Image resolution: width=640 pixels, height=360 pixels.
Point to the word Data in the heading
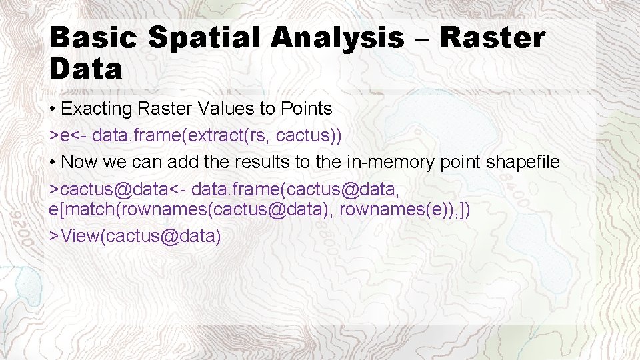[x=86, y=69]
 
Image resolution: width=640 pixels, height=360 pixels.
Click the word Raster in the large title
[x=493, y=38]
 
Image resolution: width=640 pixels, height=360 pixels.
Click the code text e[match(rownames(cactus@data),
[x=192, y=210]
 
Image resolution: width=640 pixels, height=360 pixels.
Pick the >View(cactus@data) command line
[x=135, y=236]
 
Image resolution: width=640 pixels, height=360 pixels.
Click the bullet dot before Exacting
[x=53, y=109]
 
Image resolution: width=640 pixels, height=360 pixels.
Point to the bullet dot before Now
[x=53, y=163]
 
